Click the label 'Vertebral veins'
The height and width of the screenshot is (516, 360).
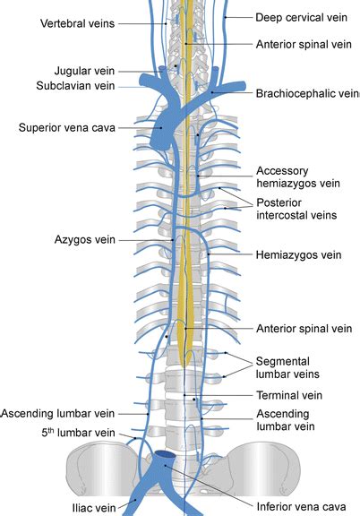[77, 23]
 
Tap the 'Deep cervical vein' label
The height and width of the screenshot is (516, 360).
[302, 17]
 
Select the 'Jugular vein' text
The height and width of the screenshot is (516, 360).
[84, 71]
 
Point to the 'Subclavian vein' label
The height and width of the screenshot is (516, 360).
[75, 86]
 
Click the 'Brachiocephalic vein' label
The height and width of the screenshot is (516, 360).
[308, 94]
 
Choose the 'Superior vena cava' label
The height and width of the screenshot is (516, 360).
[67, 128]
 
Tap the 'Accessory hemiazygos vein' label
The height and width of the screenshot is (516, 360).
[298, 177]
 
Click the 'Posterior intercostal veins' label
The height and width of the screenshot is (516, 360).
[296, 209]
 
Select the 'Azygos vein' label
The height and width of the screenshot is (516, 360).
[84, 240]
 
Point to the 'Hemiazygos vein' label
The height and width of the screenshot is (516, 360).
[298, 254]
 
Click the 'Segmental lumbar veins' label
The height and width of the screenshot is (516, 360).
[287, 367]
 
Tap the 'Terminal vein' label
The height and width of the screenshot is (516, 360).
[289, 395]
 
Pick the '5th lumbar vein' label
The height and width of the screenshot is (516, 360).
[78, 433]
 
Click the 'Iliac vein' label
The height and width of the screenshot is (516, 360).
[94, 507]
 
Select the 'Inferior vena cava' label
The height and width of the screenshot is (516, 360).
[301, 507]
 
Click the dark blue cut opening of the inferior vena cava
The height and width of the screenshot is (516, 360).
[165, 455]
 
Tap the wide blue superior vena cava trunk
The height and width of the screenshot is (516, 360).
[163, 130]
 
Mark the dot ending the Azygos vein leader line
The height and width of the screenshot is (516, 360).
[173, 240]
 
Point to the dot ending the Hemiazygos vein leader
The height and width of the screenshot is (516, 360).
[209, 254]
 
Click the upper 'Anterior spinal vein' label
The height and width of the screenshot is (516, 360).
[304, 45]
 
